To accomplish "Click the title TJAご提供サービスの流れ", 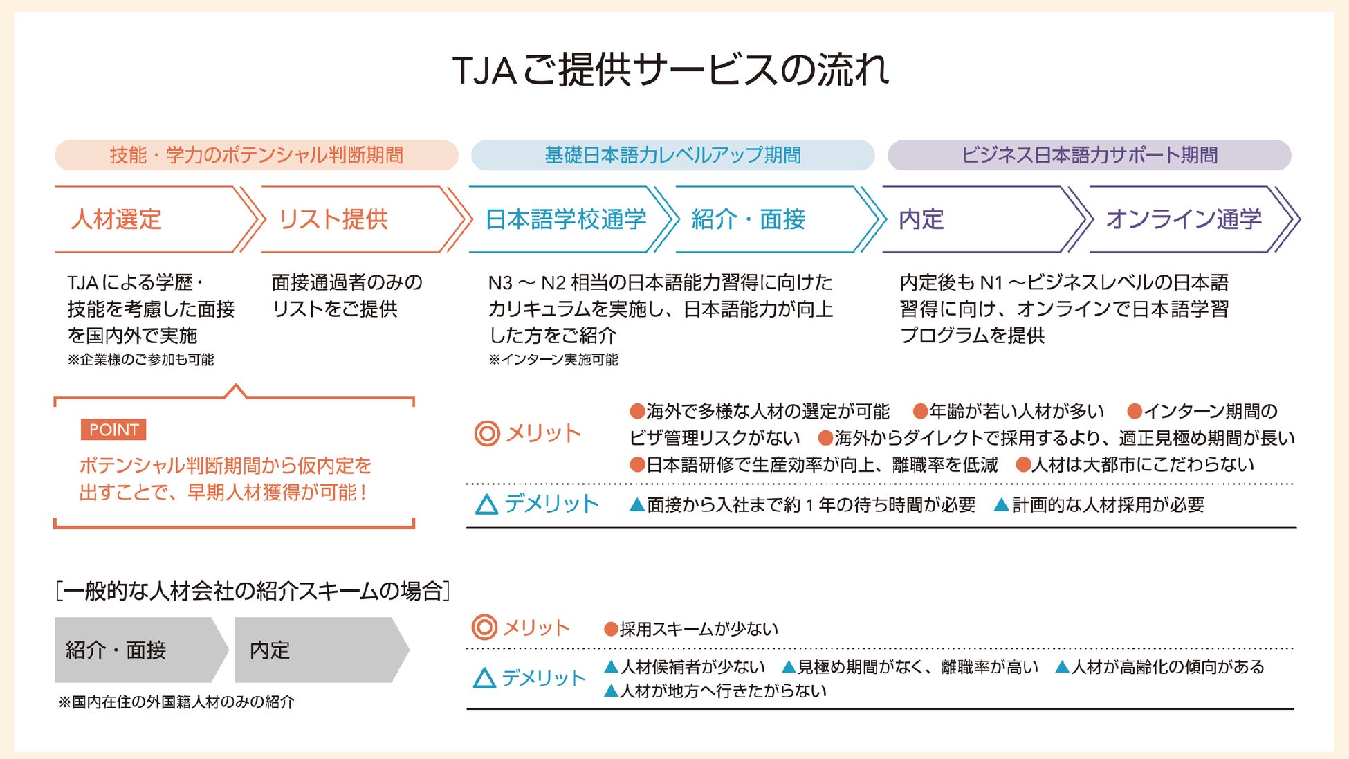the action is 670,70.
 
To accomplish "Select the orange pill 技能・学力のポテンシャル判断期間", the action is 256,155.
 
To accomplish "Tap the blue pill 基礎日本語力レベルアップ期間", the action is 672,155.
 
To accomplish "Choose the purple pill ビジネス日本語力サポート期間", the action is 1089,155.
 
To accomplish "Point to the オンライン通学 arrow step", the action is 1184,219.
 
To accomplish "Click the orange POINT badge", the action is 113,430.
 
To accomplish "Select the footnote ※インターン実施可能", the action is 553,360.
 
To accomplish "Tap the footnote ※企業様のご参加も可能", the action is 141,360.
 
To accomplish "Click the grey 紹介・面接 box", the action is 136,650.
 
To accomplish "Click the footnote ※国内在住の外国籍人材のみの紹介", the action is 176,702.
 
